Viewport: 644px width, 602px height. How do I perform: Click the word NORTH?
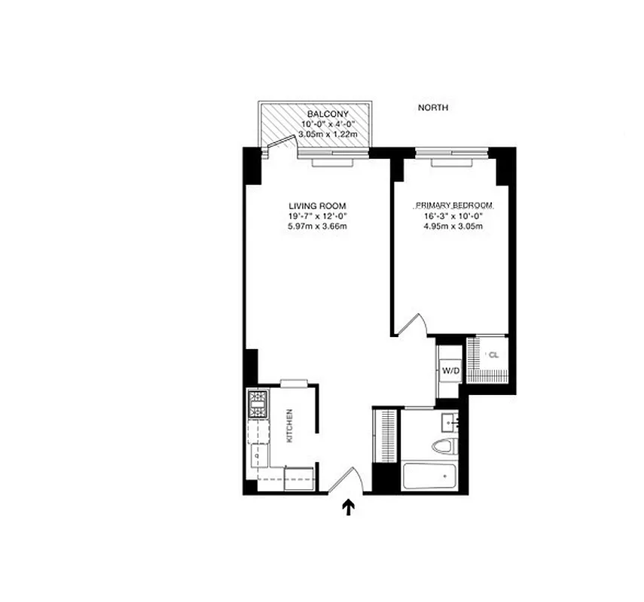[433, 108]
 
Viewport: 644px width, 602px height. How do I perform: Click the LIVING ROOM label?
[317, 205]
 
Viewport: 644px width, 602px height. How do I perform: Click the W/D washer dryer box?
[450, 370]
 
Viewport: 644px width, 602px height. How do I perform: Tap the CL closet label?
[494, 355]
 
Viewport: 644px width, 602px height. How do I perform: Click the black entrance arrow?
[349, 509]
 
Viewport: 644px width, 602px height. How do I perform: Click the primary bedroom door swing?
[413, 324]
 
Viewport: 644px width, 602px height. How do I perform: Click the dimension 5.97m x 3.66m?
[317, 227]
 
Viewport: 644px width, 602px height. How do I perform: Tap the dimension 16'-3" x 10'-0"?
[453, 216]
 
